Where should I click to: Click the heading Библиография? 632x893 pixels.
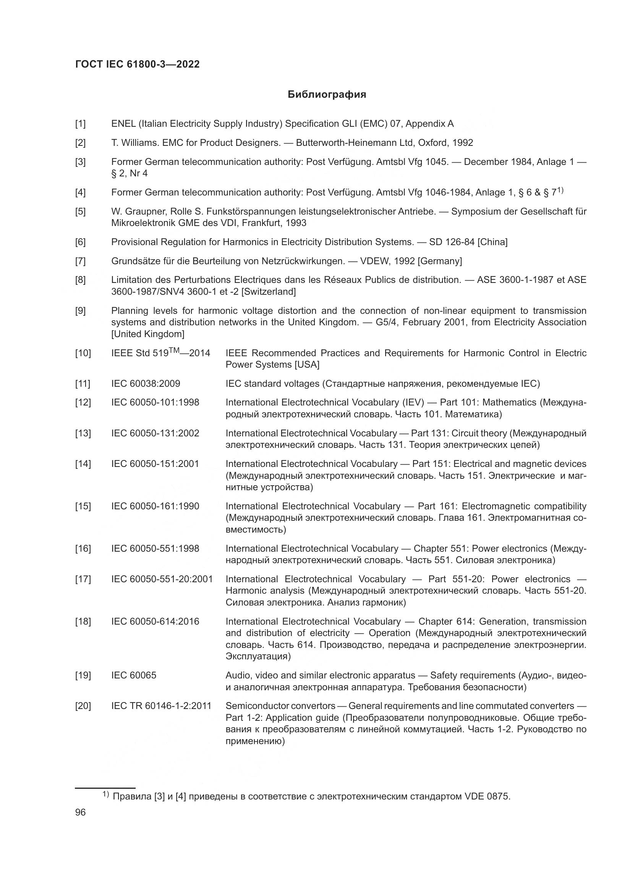point(327,95)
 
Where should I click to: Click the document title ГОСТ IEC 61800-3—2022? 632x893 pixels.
point(137,65)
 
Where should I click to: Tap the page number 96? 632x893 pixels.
point(80,812)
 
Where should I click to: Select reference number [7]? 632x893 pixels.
point(80,261)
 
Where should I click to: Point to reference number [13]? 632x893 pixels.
point(83,433)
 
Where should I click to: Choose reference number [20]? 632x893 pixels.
point(83,706)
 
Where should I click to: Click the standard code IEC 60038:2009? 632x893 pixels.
point(146,384)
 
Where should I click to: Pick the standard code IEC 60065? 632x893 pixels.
point(133,675)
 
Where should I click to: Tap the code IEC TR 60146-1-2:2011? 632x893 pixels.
point(161,706)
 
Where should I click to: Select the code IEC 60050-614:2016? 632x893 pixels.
point(155,622)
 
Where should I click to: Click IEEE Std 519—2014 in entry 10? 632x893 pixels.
point(160,353)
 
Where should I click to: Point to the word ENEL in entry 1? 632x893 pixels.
point(123,124)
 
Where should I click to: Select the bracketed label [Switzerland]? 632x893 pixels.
point(269,291)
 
